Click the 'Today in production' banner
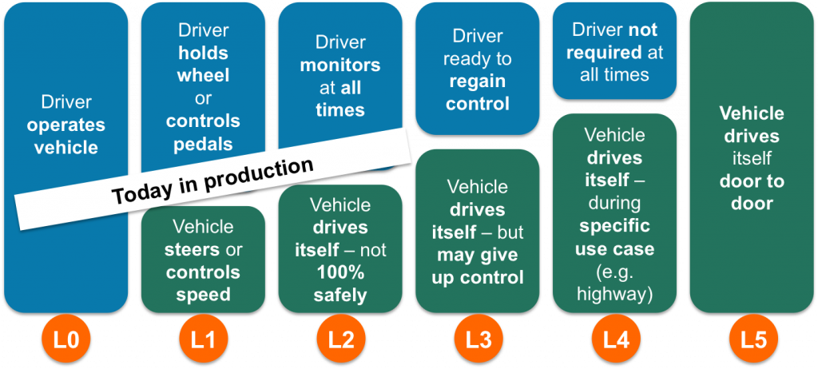(212, 180)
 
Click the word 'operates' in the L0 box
(66, 125)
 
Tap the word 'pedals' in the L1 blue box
(203, 144)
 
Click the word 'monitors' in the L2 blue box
(340, 65)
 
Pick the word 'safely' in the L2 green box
(340, 296)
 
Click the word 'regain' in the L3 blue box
(478, 81)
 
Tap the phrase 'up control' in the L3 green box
(478, 278)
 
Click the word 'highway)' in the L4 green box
(614, 295)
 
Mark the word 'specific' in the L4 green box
(614, 226)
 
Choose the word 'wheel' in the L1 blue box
(203, 76)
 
